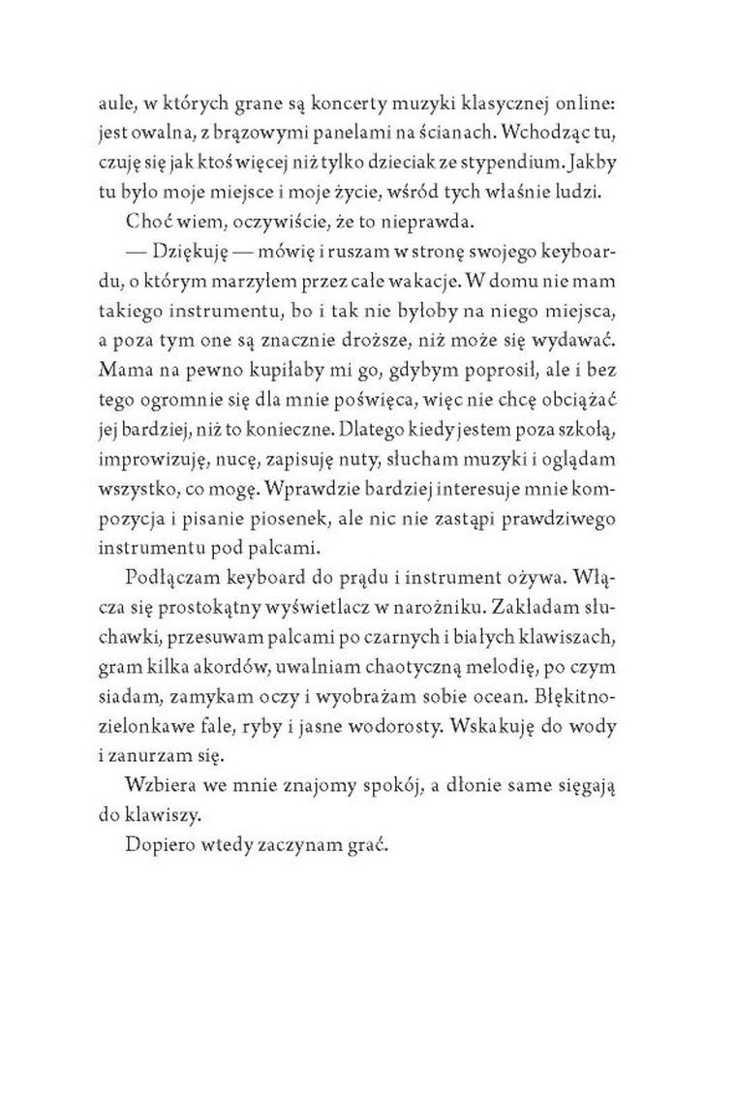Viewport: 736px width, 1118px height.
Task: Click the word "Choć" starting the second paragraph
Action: pyautogui.click(x=145, y=222)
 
